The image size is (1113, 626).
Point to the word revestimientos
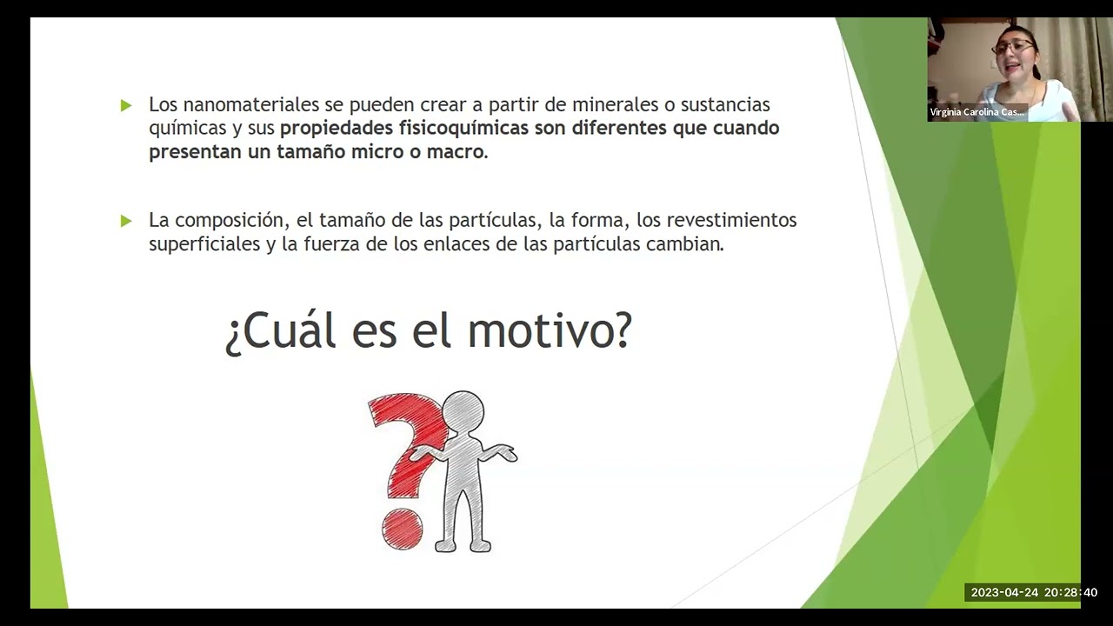[x=731, y=220]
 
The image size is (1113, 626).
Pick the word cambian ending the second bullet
[x=684, y=243]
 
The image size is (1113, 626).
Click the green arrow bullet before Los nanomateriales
[x=126, y=105]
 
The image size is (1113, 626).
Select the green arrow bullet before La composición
[x=126, y=221]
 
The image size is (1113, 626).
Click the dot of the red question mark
[x=402, y=529]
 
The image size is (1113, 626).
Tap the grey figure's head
[x=463, y=411]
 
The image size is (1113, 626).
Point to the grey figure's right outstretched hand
[x=507, y=453]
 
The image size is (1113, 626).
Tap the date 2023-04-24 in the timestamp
[x=1004, y=593]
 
